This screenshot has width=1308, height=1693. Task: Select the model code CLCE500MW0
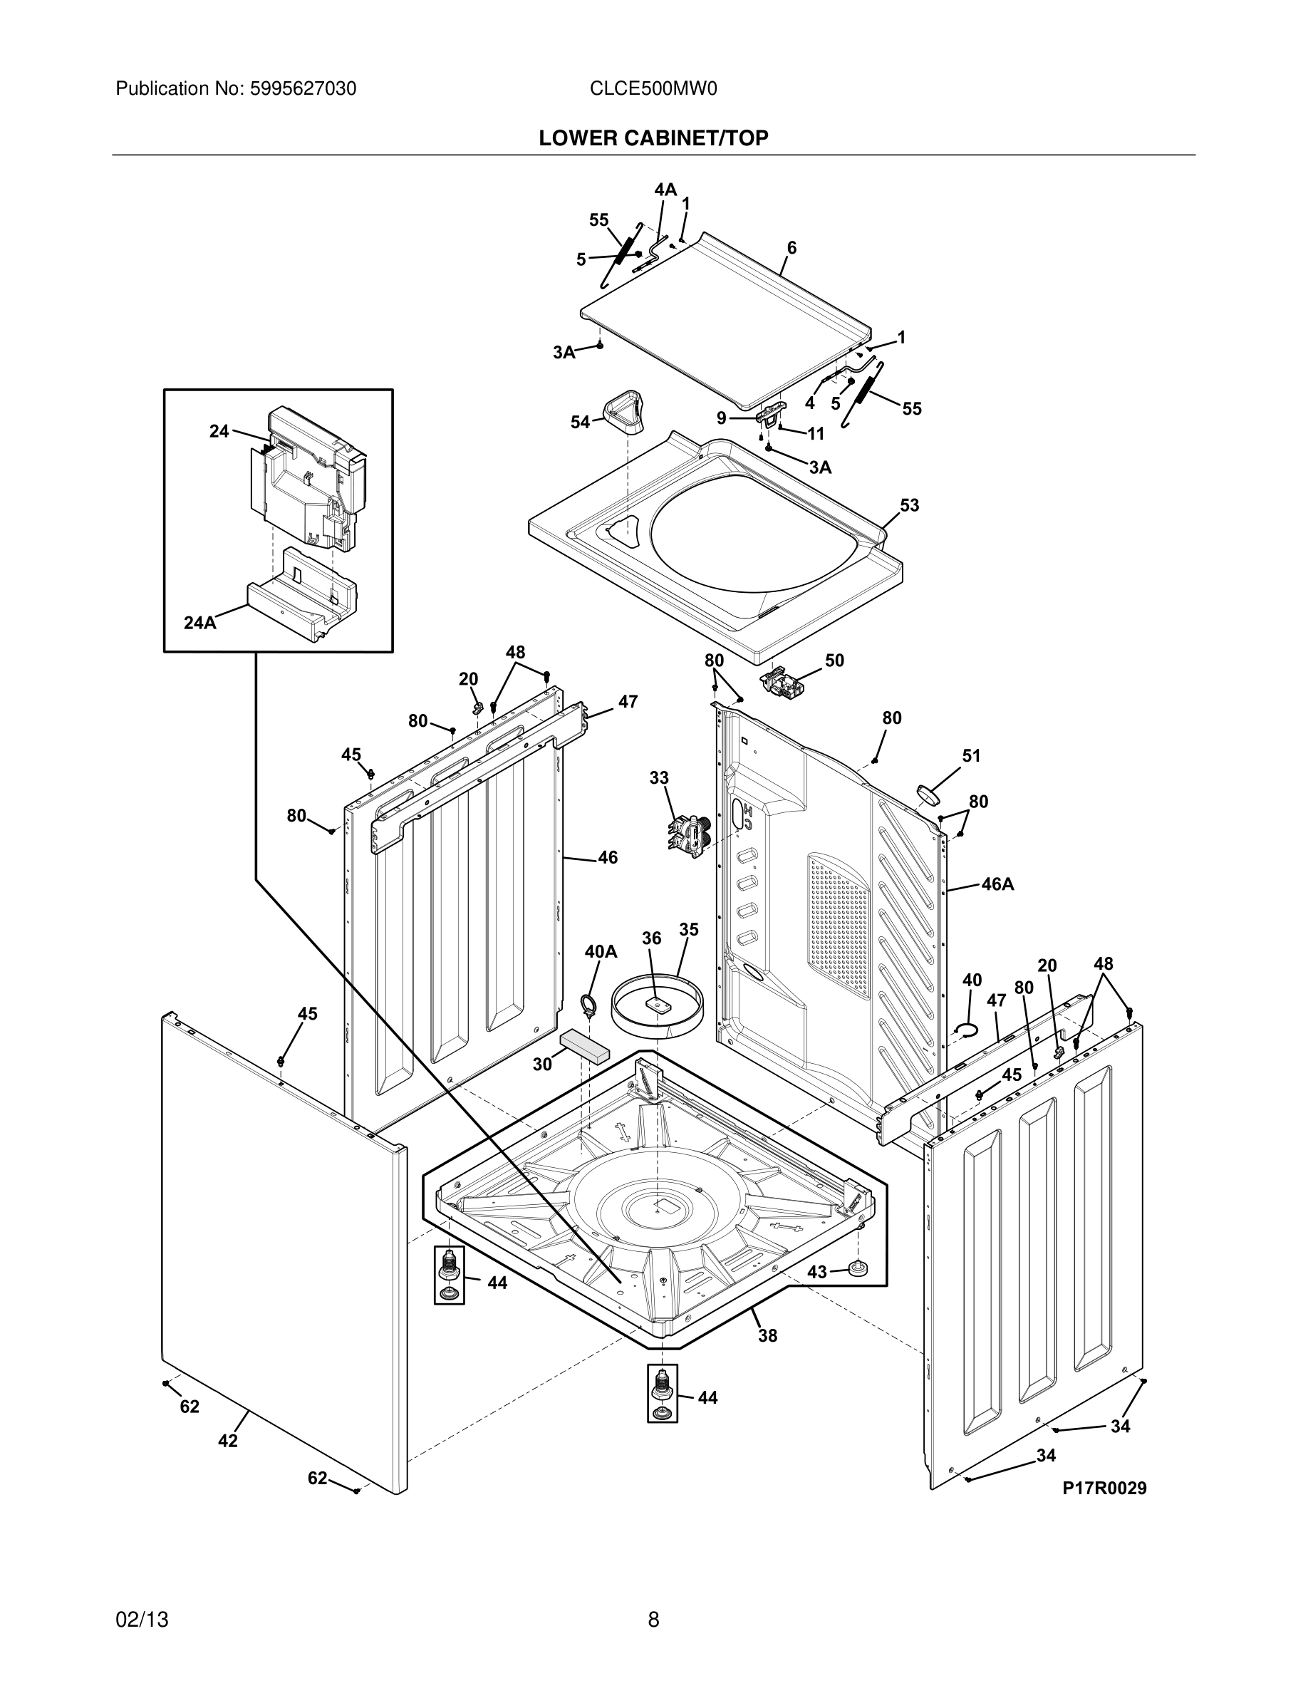[x=653, y=89]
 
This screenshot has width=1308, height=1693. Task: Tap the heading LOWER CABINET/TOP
[x=653, y=138]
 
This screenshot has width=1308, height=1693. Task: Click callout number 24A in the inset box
[x=200, y=623]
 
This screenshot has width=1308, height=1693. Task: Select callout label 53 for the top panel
[x=909, y=505]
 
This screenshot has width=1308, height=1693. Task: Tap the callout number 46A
[x=997, y=884]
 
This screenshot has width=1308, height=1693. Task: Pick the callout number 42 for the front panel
[x=227, y=1440]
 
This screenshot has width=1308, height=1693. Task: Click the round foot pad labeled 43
[x=858, y=1268]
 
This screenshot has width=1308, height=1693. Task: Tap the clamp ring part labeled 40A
[x=590, y=1005]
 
